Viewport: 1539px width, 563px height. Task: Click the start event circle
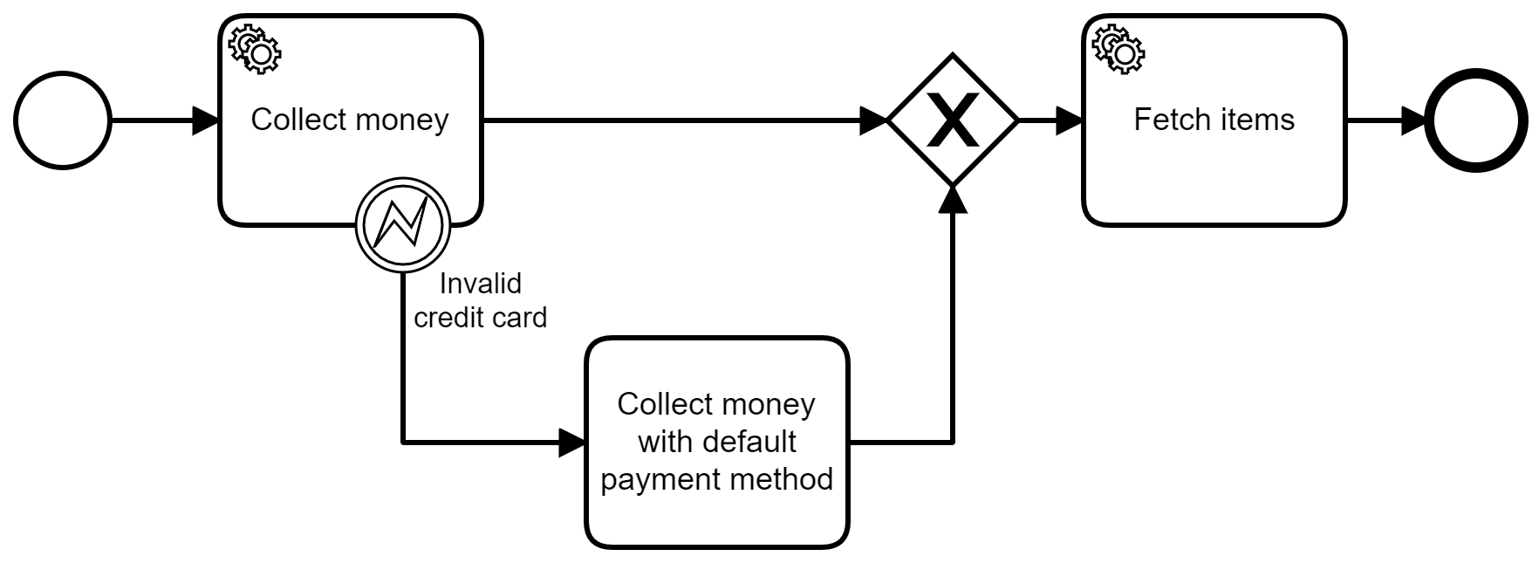point(63,120)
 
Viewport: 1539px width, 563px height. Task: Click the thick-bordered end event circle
point(1475,120)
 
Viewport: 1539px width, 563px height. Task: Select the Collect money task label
point(349,120)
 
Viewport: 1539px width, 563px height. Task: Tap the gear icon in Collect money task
point(255,48)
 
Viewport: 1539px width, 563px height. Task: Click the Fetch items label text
point(1214,120)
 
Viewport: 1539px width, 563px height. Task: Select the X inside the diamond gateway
point(953,120)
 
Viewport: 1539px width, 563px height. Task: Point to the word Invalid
point(480,284)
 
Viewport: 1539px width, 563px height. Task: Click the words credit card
point(480,317)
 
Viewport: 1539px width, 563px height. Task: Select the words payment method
point(716,479)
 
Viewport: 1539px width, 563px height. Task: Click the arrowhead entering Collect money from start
point(205,120)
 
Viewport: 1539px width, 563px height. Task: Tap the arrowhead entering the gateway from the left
point(873,120)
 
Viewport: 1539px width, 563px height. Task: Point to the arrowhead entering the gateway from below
point(953,199)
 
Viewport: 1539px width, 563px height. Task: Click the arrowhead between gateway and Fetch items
point(1068,120)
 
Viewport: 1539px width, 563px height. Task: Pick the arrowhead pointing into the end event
point(1412,120)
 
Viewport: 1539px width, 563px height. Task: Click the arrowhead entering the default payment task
point(571,443)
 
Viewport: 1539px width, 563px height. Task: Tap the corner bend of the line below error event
point(403,443)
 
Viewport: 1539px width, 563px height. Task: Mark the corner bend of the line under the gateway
point(953,443)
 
